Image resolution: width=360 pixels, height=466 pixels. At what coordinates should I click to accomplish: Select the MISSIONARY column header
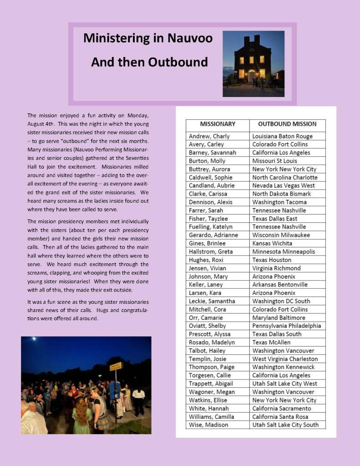tap(218, 123)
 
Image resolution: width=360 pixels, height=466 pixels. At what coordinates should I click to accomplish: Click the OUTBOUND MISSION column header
tap(287, 123)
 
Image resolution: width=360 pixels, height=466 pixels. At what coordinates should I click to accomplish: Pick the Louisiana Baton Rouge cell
tap(282, 136)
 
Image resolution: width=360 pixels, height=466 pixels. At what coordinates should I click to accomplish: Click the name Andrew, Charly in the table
tap(209, 136)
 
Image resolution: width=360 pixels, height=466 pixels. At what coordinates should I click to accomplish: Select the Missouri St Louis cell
tap(275, 161)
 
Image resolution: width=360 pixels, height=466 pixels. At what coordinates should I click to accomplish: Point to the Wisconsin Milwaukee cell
tap(281, 235)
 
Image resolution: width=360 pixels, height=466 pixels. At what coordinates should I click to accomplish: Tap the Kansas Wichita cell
tap(273, 243)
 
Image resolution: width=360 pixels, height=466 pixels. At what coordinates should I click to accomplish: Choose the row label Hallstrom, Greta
tap(210, 251)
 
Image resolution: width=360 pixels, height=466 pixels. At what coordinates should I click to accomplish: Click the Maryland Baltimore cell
tap(279, 317)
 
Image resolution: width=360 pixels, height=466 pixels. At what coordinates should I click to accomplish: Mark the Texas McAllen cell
tap(271, 342)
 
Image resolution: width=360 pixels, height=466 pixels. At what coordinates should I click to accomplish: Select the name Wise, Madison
tap(208, 425)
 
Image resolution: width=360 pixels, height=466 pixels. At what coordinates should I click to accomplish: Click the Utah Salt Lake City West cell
tap(284, 384)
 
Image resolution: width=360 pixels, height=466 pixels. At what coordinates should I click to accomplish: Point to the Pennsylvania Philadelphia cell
tap(286, 326)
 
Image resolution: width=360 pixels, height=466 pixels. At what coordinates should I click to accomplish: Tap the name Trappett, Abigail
tap(211, 384)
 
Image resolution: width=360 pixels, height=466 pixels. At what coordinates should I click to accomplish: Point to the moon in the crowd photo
tap(33, 339)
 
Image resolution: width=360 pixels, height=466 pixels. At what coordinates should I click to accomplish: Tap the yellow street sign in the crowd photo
tap(116, 366)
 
